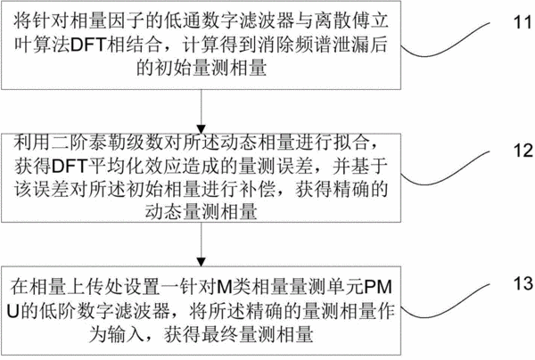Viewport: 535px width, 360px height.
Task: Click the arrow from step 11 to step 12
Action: (202, 111)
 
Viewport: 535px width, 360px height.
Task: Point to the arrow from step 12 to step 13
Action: (202, 244)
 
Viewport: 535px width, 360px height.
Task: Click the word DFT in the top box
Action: (88, 45)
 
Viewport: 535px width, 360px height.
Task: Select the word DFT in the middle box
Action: (70, 166)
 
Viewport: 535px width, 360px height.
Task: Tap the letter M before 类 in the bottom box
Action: (225, 287)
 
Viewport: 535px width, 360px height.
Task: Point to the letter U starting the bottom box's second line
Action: (12, 311)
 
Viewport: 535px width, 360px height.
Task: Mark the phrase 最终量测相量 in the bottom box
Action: (257, 334)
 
